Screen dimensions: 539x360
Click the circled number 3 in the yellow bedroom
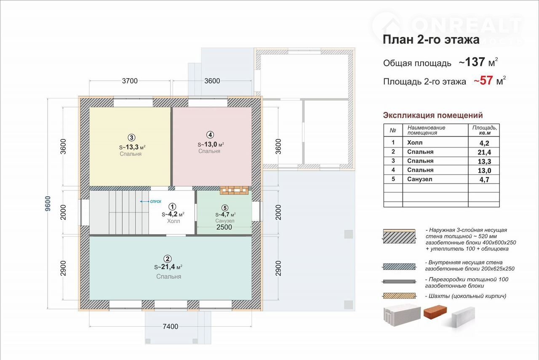[x=131, y=138]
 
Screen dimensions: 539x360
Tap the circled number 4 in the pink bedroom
[x=210, y=135]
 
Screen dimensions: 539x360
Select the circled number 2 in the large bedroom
[x=167, y=259]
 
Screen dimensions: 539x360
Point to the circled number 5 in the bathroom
[x=225, y=208]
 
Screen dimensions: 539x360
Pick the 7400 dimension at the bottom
[x=171, y=327]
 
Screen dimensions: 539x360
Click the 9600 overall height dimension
[x=48, y=204]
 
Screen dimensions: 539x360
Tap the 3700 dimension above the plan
[x=130, y=81]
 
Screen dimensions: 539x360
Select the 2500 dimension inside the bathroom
[x=224, y=227]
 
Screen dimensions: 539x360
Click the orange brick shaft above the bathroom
[x=234, y=190]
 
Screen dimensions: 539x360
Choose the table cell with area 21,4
[x=484, y=152]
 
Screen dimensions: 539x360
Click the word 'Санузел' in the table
[x=420, y=179]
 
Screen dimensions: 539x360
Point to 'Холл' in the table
[x=415, y=143]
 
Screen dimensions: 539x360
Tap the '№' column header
[x=393, y=130]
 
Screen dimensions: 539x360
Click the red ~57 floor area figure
[x=483, y=80]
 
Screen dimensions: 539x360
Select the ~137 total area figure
[x=472, y=62]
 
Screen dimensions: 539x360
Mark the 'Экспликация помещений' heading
[x=433, y=115]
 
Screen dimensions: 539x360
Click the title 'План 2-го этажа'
[x=431, y=40]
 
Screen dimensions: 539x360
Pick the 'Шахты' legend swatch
[x=400, y=296]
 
